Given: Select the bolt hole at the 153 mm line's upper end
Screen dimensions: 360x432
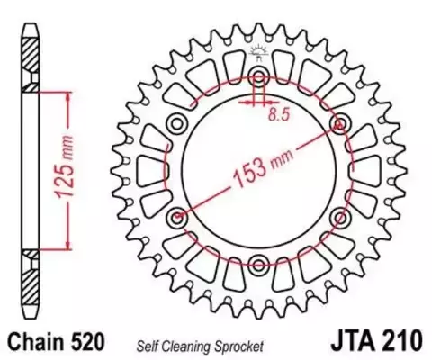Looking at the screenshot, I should click(341, 122).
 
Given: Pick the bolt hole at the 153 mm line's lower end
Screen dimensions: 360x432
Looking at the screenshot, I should click(177, 216).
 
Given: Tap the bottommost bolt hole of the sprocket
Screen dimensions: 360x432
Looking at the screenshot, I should click(259, 263).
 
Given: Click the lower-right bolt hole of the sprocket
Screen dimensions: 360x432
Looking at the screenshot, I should click(341, 216).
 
